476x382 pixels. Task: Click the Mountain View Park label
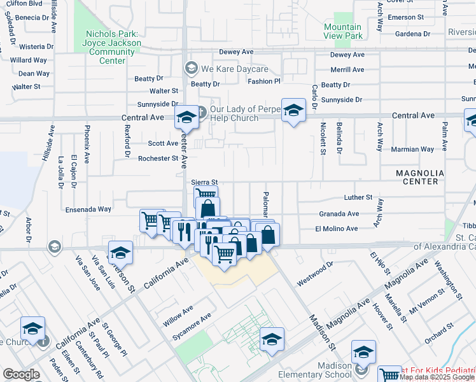pos(342,31)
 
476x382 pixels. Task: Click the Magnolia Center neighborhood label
pos(417,177)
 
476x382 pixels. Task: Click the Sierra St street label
pos(205,182)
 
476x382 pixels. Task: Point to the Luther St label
pos(357,198)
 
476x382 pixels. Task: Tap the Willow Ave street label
pos(178,315)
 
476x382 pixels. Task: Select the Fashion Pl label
pos(264,81)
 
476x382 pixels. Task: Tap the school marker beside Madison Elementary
pos(363,351)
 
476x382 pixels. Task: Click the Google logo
pos(21,374)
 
